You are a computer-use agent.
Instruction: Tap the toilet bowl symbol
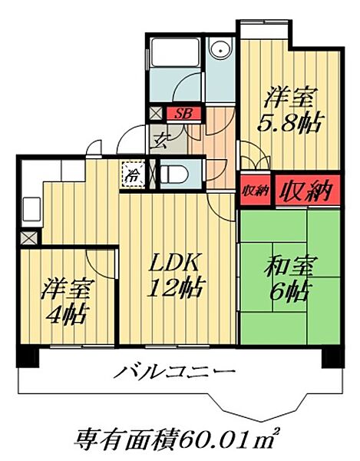pos(170,174)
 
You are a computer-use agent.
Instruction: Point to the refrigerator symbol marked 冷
pos(133,174)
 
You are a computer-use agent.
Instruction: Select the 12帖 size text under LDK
pos(176,290)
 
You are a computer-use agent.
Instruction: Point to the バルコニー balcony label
pos(175,373)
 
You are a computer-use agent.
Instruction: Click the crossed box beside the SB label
pos(157,114)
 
